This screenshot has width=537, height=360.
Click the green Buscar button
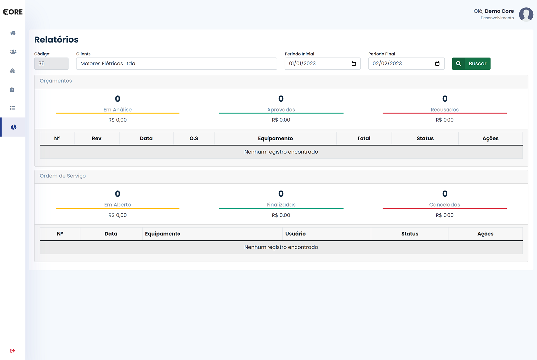(x=471, y=63)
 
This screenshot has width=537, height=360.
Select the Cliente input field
(x=177, y=63)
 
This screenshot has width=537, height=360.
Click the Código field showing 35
(x=51, y=63)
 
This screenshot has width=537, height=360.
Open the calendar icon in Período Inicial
(x=354, y=63)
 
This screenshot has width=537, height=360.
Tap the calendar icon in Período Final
(x=437, y=63)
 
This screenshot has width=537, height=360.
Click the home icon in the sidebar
(x=13, y=33)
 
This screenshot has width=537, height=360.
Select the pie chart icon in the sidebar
(x=14, y=127)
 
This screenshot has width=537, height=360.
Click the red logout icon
(x=12, y=351)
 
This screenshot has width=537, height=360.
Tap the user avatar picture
(x=526, y=14)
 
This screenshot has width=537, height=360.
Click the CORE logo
(x=13, y=12)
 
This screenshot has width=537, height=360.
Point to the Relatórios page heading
(x=56, y=40)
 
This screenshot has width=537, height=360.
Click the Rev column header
(x=96, y=138)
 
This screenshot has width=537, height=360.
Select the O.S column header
(x=194, y=138)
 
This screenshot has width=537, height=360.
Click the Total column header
(x=363, y=138)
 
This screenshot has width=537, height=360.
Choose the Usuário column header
(x=295, y=234)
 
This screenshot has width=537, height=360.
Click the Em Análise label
(x=117, y=109)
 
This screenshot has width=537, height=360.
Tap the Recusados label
(x=445, y=109)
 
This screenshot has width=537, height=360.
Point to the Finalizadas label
(x=281, y=205)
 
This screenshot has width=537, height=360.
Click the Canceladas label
(x=445, y=205)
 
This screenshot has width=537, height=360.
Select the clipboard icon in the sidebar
(x=12, y=90)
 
